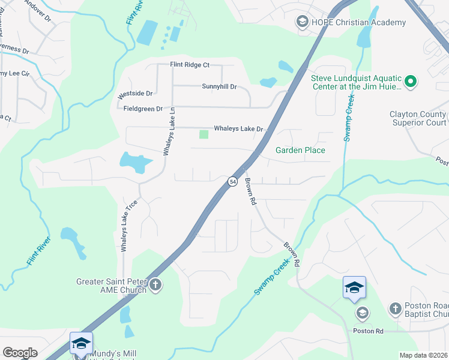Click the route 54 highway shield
point(232,181)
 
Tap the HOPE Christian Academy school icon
point(303,23)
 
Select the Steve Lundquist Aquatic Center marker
point(411,81)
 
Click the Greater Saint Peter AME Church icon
point(155,284)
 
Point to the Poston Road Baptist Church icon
point(395,308)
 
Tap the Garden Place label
point(300,150)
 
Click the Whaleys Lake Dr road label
point(239,129)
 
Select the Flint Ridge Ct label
point(189,65)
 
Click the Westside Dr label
point(135,94)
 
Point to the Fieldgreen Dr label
point(143,109)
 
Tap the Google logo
point(19,353)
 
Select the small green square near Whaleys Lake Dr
point(203,134)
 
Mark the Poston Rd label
point(368,331)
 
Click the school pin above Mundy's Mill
point(81,343)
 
